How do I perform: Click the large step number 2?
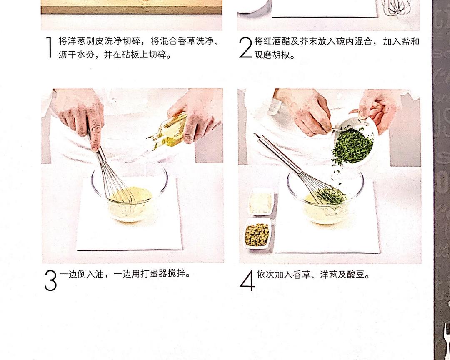tap(246, 47)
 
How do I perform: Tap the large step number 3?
tap(50, 280)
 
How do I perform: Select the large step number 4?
tap(247, 280)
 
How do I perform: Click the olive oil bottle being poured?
tap(166, 132)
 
